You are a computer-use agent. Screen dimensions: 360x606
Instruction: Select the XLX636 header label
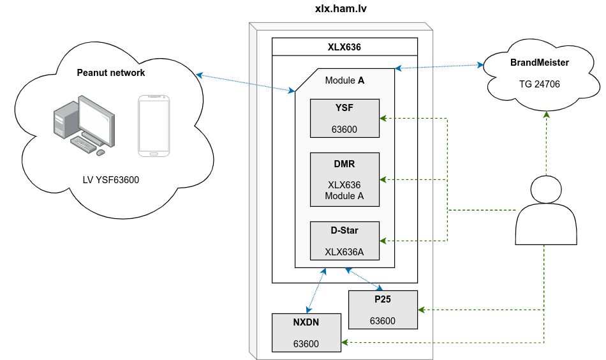pos(344,47)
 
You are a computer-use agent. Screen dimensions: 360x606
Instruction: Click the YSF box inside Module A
pos(344,118)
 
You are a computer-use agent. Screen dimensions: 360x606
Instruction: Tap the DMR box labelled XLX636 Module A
pos(344,179)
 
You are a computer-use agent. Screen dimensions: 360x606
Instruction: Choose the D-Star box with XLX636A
pos(344,241)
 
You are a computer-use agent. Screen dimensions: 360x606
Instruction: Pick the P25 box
pos(383,310)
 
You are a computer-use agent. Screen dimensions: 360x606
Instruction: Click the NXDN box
pos(306,333)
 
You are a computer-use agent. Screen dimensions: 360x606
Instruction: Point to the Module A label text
pos(344,80)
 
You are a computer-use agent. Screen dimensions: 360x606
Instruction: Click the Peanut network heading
pos(111,73)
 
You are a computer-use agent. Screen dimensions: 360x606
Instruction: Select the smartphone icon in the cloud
pos(154,126)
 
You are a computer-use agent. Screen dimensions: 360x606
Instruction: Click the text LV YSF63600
pos(111,180)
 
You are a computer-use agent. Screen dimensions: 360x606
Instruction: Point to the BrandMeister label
pos(540,63)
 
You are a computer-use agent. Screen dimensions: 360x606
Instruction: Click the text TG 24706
pos(540,83)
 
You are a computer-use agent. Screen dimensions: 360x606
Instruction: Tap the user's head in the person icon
pos(546,190)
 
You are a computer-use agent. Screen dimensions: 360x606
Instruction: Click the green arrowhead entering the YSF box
pos(383,118)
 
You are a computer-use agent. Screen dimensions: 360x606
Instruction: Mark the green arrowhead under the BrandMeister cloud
pos(547,116)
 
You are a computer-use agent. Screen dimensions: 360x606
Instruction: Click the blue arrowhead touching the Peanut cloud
pos(200,75)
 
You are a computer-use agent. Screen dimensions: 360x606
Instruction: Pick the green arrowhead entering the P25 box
pos(422,310)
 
